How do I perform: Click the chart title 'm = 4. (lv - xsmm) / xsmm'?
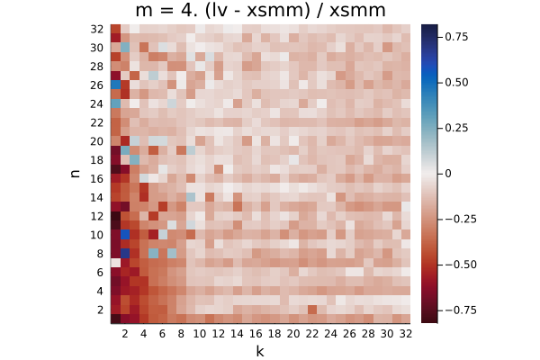point(260,10)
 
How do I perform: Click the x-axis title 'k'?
point(260,351)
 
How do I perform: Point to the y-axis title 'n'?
point(75,174)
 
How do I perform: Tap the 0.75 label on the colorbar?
point(456,37)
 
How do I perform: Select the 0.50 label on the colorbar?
point(456,82)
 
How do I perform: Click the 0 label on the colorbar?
point(447,174)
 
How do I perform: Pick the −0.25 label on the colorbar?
point(461,219)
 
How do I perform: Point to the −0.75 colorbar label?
point(461,310)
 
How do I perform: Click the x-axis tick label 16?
point(256,334)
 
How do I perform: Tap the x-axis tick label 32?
point(405,334)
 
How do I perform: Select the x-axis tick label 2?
point(125,334)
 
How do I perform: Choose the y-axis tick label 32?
point(97,30)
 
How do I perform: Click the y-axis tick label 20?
point(97,141)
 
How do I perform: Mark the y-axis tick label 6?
point(100,273)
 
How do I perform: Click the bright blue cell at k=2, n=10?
point(125,235)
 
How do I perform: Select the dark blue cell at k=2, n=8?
point(125,253)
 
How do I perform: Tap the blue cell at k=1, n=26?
point(116,85)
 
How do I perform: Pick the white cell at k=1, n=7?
point(116,263)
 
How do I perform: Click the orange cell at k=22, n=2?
point(312,310)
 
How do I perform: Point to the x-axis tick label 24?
point(330,334)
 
